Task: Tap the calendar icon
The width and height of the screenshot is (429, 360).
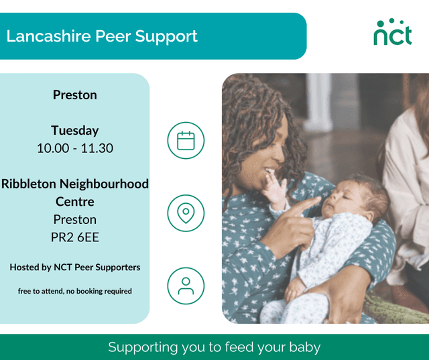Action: click(x=186, y=141)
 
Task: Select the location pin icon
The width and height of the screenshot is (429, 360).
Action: click(x=186, y=213)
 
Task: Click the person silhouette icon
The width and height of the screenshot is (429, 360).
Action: click(x=186, y=286)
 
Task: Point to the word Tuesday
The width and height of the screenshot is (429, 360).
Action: click(x=75, y=131)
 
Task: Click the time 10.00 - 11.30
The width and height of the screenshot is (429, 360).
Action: click(x=75, y=148)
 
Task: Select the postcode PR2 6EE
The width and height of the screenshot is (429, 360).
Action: click(x=75, y=237)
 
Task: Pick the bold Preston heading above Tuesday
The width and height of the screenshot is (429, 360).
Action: click(x=75, y=95)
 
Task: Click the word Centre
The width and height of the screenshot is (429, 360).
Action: click(x=75, y=201)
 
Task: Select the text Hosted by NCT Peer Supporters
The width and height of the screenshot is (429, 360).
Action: click(x=75, y=267)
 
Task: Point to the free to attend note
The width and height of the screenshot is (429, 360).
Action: click(x=75, y=291)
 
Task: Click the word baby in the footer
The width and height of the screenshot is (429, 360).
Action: click(x=305, y=347)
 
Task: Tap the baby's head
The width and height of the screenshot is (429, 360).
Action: click(x=363, y=194)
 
